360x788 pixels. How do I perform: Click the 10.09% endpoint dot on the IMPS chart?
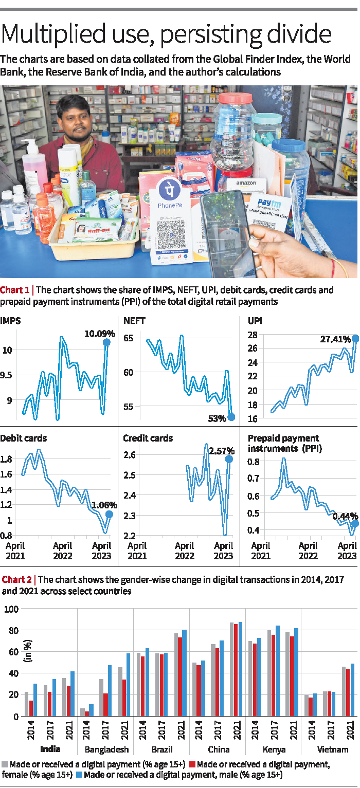pos(106,342)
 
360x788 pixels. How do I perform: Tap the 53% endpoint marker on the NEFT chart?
pos(231,417)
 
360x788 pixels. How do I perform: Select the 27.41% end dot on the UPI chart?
pos(355,339)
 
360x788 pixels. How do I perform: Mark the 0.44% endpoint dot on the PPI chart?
pos(355,524)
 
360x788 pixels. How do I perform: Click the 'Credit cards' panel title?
pos(148,438)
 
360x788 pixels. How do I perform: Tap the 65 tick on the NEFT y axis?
pos(128,338)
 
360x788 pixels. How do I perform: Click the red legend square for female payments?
pos(191,779)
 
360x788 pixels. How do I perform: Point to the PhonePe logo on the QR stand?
pos(168,191)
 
